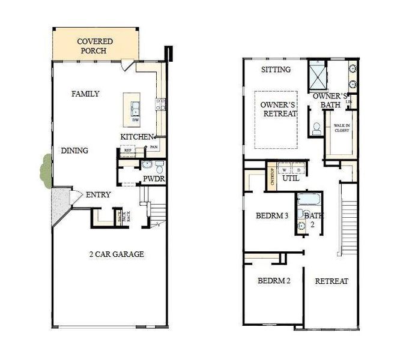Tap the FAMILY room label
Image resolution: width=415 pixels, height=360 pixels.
point(85,94)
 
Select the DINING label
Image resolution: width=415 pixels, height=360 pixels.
point(75,151)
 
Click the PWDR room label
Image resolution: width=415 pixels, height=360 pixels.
point(154,179)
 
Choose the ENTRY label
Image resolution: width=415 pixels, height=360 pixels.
point(98,194)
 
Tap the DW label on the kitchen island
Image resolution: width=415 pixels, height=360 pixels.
point(136,119)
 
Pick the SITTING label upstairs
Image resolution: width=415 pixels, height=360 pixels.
point(276,70)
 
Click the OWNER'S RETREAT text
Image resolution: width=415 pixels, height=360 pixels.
point(279,109)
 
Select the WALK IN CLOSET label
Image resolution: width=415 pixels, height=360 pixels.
point(342,129)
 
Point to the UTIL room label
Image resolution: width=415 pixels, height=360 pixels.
point(291,178)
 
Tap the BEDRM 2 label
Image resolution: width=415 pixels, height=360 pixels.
point(274,281)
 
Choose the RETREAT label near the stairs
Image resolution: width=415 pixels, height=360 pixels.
point(332,281)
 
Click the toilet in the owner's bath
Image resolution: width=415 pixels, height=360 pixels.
point(317,128)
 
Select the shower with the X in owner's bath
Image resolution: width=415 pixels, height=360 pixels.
point(317,74)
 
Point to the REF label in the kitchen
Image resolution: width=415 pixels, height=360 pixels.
point(127,151)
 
